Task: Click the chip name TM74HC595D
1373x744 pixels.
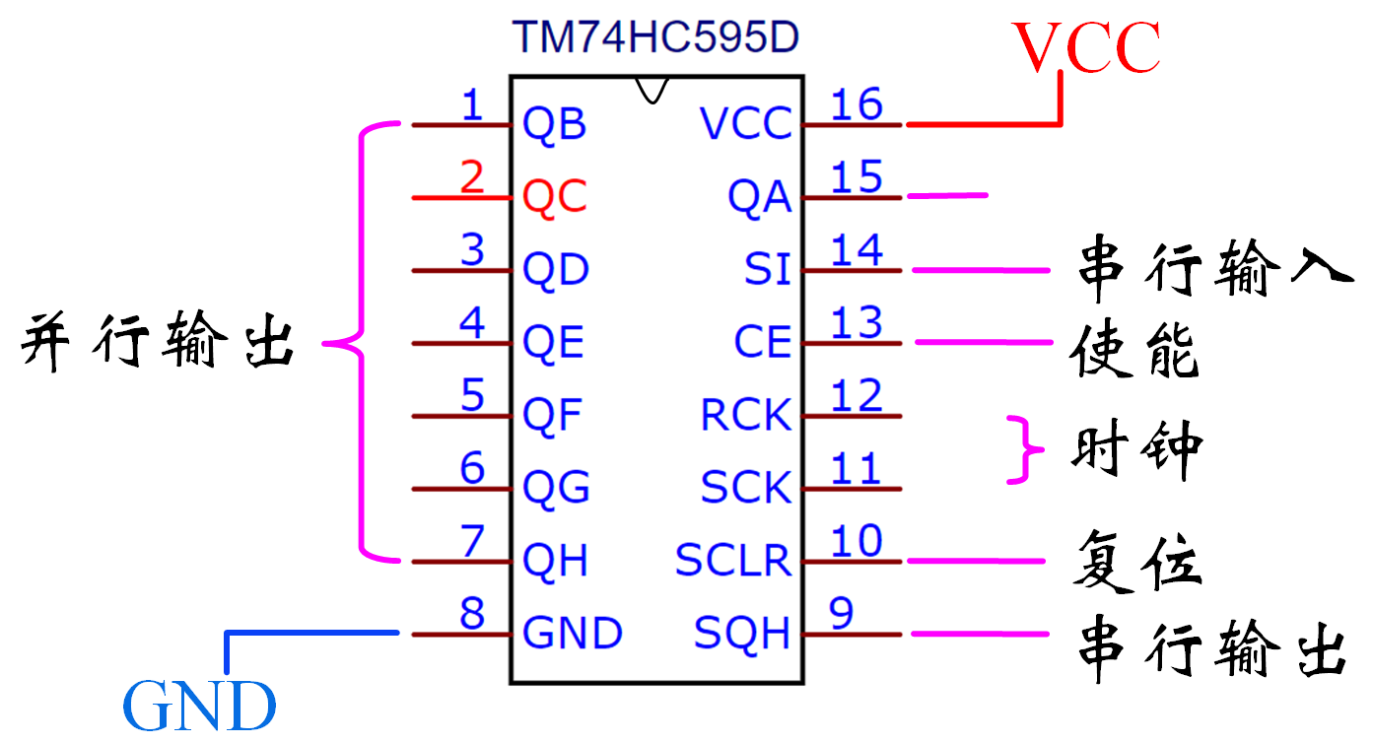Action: [x=654, y=37]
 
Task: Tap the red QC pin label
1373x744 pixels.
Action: [x=555, y=197]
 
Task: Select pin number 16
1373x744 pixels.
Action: [x=857, y=103]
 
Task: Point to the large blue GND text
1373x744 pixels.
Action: [x=199, y=706]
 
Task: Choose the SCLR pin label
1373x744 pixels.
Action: [x=733, y=561]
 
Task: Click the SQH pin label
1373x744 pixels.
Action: [x=742, y=633]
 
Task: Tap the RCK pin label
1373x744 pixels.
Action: [x=746, y=415]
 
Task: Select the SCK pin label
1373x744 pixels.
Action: [x=746, y=488]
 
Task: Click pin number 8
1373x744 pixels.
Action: [x=473, y=613]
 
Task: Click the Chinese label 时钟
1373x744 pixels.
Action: [x=1136, y=451]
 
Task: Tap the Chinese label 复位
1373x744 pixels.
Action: [x=1136, y=561]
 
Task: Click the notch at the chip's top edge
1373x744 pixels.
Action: [x=651, y=89]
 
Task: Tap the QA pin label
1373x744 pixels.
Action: [x=759, y=198]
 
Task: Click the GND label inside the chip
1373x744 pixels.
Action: [x=573, y=633]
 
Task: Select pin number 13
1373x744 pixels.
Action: [x=857, y=322]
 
